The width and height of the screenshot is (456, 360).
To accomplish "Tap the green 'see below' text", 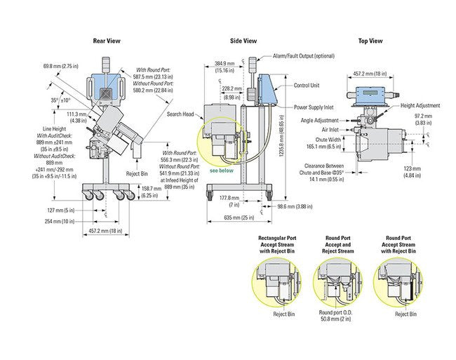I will coord(217,170).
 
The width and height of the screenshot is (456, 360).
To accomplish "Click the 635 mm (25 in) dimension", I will coord(239,218).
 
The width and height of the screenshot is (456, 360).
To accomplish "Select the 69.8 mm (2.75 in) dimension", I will coord(60,65).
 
